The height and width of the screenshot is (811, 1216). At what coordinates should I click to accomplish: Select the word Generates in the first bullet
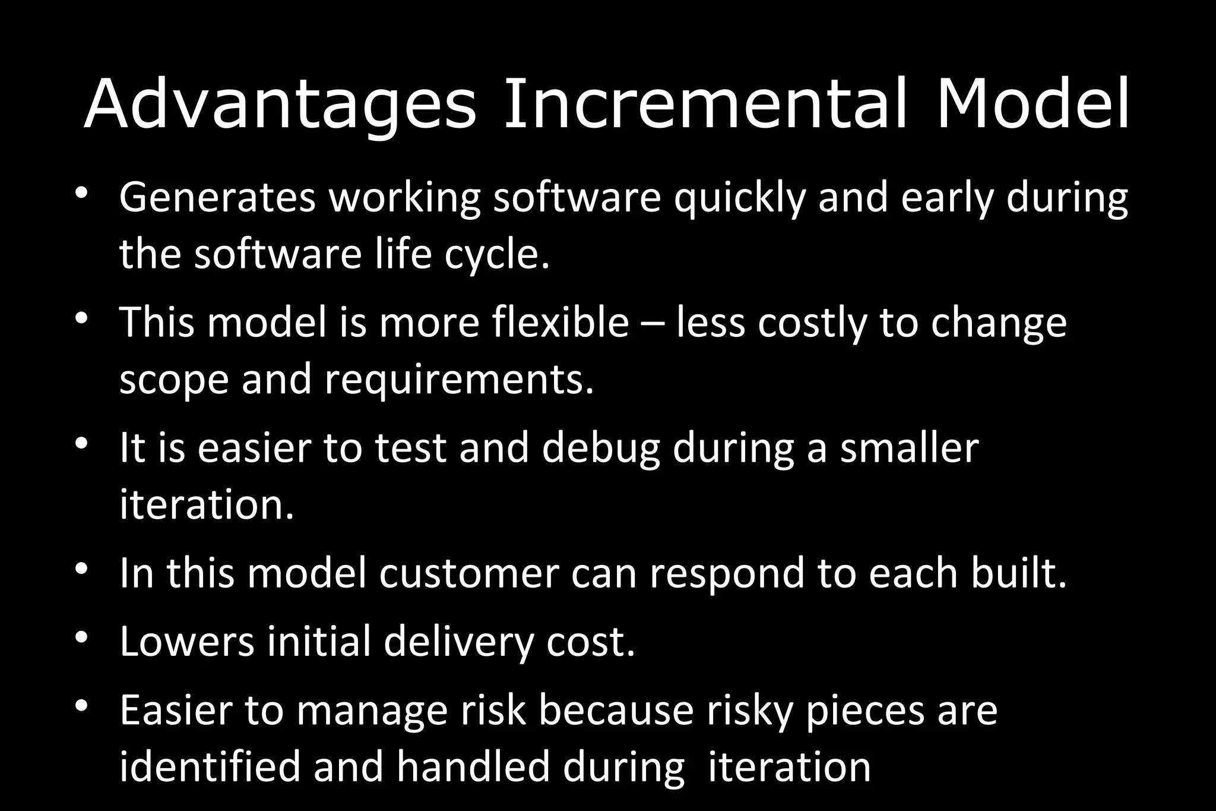[x=217, y=197]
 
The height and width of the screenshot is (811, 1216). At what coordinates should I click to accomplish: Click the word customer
[x=469, y=573]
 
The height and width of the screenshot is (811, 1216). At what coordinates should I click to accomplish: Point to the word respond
[x=727, y=573]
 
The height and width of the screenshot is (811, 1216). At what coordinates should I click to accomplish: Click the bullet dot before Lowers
[x=82, y=638]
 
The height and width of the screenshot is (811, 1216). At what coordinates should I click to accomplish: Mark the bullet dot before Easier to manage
[x=82, y=706]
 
